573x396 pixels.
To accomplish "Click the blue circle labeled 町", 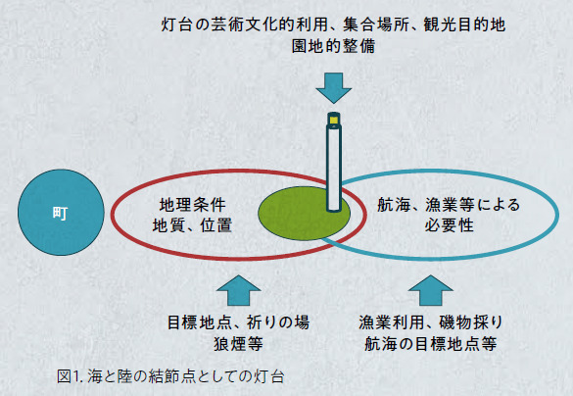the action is point(61,212).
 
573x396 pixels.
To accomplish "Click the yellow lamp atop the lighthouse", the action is point(334,120).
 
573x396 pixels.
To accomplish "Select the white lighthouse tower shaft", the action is point(334,168).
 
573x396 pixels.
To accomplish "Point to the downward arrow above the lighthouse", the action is point(334,88).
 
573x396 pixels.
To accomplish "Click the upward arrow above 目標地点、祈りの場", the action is point(238,290).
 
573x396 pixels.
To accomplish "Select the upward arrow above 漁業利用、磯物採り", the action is point(431,290).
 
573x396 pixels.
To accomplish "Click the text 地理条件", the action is point(193,205).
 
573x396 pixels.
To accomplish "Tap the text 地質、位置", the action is point(192,225).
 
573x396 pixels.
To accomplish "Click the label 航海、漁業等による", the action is point(449,205).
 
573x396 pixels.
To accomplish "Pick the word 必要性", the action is point(450,225).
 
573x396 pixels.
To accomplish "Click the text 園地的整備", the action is point(334,46).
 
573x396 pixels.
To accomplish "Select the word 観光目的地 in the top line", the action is point(464,25).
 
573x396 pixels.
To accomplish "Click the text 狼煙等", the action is point(238,344).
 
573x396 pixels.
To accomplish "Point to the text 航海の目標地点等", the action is point(431,344).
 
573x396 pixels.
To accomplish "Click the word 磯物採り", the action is point(471,322).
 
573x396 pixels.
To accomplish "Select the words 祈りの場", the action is point(278,322).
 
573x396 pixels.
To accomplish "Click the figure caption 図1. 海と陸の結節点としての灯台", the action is point(170,376).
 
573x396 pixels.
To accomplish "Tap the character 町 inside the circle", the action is point(61,213).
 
